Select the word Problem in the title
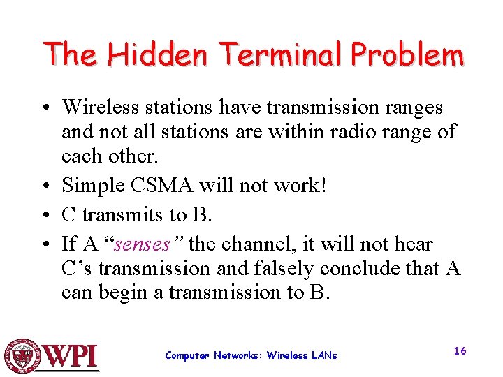[x=407, y=54]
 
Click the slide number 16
[x=460, y=351]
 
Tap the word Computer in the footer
[x=187, y=355]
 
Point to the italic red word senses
[x=143, y=244]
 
